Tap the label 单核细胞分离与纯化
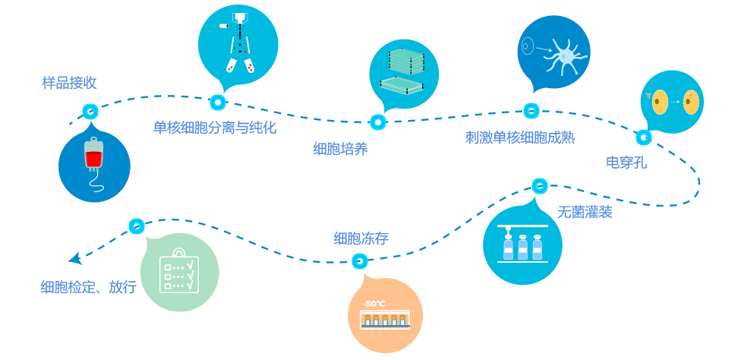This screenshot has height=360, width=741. (x=214, y=128)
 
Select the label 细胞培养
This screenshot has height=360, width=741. (x=340, y=149)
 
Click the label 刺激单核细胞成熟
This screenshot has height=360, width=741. (x=519, y=137)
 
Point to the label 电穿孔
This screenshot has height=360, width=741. (x=626, y=162)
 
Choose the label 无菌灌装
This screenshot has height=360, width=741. (x=585, y=212)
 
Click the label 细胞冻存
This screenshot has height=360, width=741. (x=361, y=238)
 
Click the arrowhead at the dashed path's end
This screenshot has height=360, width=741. (x=75, y=259)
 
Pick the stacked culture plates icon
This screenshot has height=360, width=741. (x=403, y=73)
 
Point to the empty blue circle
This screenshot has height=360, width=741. (x=643, y=257)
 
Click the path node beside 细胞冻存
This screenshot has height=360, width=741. (x=360, y=261)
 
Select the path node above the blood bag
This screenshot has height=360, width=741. (x=90, y=112)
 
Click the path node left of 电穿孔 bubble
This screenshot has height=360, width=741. (x=644, y=137)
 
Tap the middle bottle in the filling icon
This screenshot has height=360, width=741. (x=522, y=247)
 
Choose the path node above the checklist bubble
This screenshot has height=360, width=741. (x=137, y=226)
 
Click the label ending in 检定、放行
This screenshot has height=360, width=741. (x=89, y=287)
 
